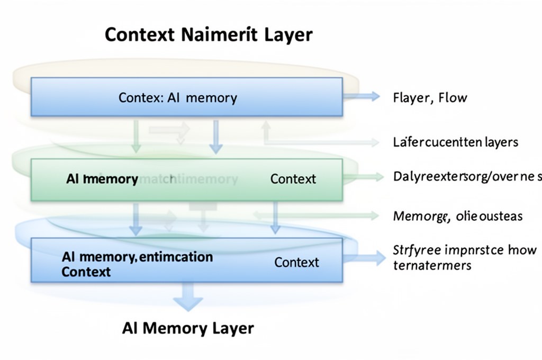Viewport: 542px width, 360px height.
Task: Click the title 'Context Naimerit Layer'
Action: (x=209, y=35)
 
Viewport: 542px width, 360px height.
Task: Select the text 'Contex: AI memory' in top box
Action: (x=177, y=98)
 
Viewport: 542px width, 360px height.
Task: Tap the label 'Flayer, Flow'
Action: (x=430, y=97)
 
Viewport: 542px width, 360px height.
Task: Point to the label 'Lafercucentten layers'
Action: (x=455, y=142)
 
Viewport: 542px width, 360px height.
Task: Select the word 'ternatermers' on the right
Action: (x=432, y=265)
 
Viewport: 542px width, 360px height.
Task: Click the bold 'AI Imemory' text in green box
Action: (x=102, y=179)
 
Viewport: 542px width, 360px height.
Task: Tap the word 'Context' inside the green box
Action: (x=293, y=179)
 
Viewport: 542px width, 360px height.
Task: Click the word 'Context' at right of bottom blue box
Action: (x=296, y=262)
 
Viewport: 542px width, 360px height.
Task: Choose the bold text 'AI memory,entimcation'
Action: (x=137, y=257)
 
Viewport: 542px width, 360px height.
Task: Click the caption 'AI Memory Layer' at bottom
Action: (x=188, y=328)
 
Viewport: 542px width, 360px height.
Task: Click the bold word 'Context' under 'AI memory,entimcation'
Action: (x=86, y=272)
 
